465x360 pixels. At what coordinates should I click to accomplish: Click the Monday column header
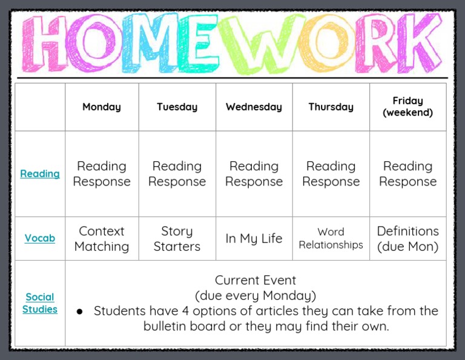102,107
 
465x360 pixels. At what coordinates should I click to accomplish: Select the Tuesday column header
177,107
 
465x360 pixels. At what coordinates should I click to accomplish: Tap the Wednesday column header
254,107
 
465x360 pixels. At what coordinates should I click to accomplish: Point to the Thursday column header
331,107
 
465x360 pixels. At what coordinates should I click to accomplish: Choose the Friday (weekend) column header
407,107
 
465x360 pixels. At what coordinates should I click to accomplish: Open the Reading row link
40,174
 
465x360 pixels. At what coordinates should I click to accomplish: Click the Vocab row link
40,239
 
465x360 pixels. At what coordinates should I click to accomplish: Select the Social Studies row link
40,303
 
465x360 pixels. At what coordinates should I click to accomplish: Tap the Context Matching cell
102,239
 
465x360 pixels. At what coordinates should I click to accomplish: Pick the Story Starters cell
177,239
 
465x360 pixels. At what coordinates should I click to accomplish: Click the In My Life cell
254,239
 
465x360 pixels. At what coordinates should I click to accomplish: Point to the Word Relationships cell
331,239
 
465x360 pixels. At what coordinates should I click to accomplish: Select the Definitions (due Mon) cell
407,239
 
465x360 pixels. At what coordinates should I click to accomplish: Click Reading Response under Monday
102,174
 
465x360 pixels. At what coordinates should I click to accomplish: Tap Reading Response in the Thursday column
331,174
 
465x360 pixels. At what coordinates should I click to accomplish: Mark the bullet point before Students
79,312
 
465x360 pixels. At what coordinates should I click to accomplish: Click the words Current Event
256,281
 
